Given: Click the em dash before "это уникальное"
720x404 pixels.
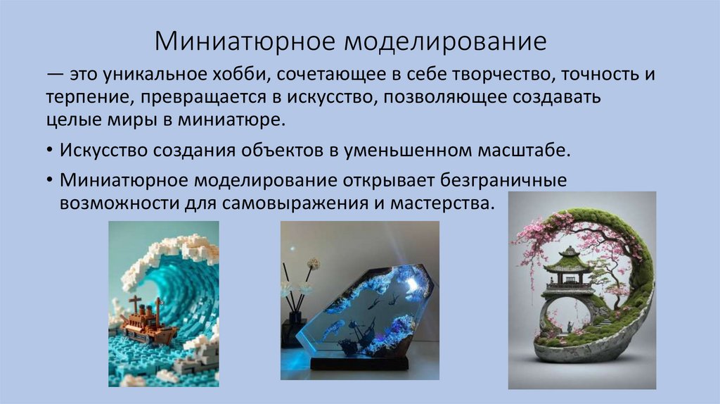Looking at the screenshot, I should pyautogui.click(x=55, y=75).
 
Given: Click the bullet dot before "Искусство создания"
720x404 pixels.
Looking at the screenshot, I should pyautogui.click(x=52, y=152).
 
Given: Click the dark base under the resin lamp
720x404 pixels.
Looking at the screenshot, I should pyautogui.click(x=359, y=362).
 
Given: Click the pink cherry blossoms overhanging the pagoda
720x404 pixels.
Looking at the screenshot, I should pyautogui.click(x=534, y=239).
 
